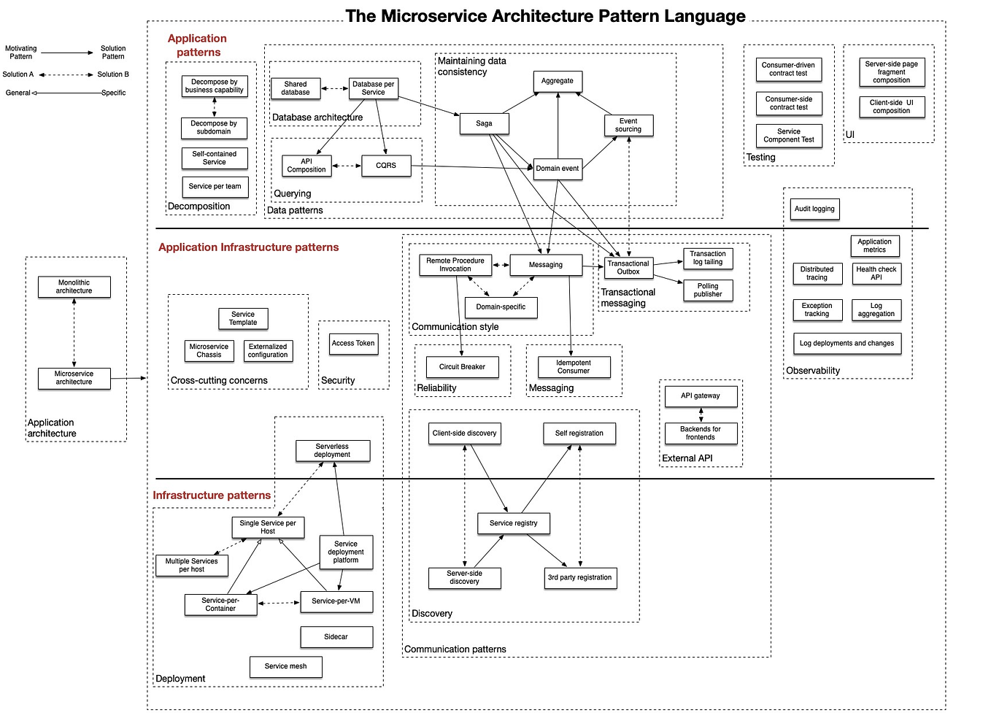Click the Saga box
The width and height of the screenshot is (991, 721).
(484, 123)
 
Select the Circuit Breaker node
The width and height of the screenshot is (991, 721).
(462, 367)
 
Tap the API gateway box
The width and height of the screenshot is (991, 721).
(701, 396)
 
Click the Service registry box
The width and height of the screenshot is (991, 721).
(513, 523)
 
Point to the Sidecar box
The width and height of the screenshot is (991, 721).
(336, 637)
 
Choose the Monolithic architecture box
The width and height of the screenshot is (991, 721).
(74, 287)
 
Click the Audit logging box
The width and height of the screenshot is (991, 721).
(814, 209)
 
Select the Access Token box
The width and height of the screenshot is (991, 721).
(353, 343)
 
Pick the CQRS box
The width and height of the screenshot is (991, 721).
(386, 166)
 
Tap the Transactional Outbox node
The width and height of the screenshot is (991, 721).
(628, 268)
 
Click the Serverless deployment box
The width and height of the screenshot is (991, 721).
(332, 450)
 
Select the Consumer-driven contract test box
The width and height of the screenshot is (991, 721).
(788, 69)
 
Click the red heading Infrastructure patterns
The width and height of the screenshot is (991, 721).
(212, 496)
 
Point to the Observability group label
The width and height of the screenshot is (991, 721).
(813, 371)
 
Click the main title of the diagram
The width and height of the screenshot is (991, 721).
(545, 16)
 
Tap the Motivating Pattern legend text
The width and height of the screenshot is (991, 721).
(20, 53)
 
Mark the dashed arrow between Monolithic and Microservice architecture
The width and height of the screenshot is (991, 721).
(74, 332)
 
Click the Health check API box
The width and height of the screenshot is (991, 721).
(876, 274)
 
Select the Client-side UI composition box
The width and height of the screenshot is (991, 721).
(891, 107)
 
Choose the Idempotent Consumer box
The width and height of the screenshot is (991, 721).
(574, 367)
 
